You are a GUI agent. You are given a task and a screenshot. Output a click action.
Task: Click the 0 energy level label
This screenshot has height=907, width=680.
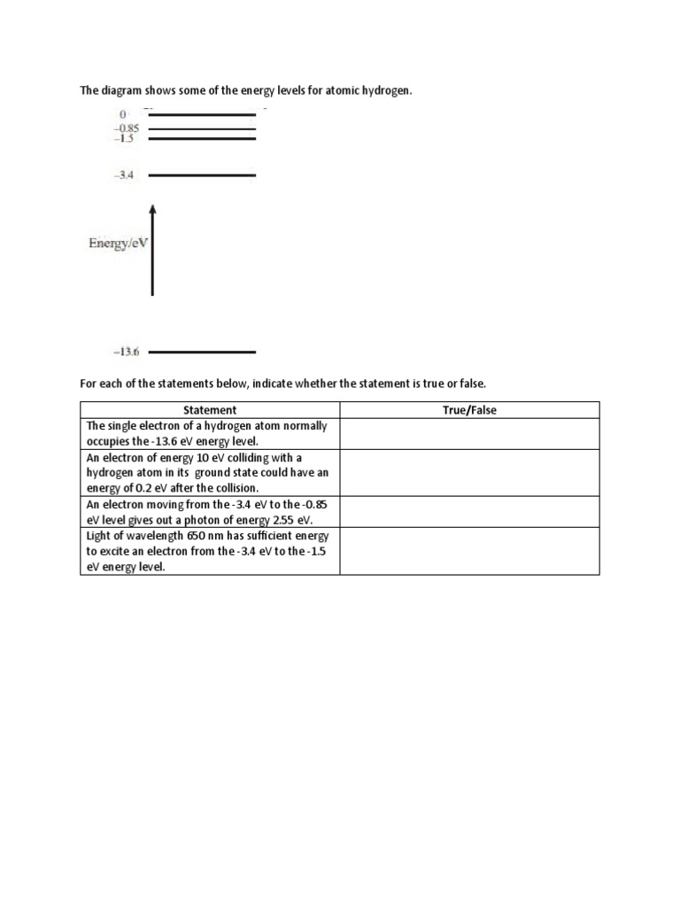coord(124,114)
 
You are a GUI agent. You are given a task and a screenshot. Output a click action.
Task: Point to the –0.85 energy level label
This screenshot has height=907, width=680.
coord(127,128)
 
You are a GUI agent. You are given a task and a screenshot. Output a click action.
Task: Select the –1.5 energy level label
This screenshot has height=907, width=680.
coord(124,139)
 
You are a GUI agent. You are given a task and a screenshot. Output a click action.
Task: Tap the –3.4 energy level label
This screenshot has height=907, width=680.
coord(124,176)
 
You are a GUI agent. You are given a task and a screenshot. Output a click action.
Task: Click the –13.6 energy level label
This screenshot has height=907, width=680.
coord(127,353)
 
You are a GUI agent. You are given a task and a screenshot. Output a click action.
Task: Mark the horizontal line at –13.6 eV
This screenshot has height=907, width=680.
coord(202,353)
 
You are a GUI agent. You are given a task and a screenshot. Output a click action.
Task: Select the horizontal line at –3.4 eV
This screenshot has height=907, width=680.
coord(202,176)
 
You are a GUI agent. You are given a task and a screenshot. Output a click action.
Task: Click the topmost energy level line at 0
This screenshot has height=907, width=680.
coord(202,114)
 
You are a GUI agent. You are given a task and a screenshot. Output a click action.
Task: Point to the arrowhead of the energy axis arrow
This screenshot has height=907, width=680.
coord(152,209)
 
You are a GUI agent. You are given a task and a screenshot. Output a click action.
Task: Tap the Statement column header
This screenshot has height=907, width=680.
coord(210,410)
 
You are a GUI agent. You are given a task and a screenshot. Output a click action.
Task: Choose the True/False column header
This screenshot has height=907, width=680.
coord(469,410)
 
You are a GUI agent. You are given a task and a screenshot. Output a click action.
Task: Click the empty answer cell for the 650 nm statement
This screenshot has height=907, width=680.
coord(469,551)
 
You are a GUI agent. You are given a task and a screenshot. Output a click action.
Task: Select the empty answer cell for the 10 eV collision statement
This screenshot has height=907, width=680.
coord(469,473)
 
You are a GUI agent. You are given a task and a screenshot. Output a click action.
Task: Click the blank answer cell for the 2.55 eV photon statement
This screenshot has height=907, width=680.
coord(469,512)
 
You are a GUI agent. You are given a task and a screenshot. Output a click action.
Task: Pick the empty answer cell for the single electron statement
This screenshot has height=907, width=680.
coord(469,434)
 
